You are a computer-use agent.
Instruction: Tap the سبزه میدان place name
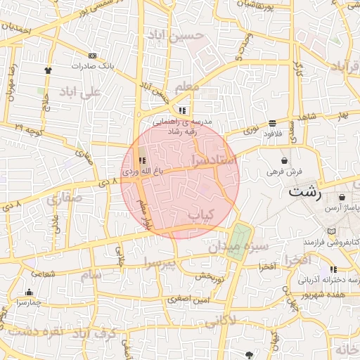(238, 247)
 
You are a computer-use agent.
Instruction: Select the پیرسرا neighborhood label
(162, 263)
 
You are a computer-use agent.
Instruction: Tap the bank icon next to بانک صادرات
(92, 56)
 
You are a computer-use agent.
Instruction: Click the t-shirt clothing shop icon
(48, 70)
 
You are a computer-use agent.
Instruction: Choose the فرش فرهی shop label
(284, 171)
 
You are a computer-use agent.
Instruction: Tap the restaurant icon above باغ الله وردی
(143, 160)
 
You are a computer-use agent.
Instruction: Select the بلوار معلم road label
(143, 215)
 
